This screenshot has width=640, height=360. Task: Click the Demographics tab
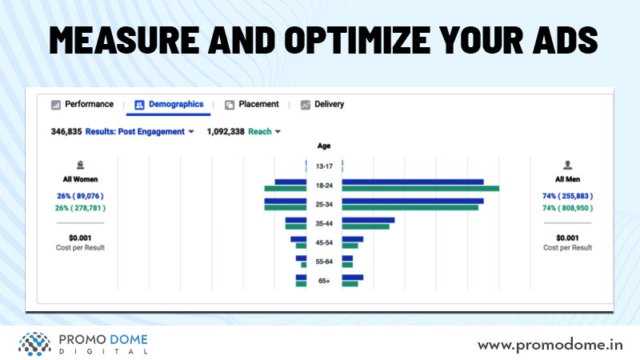[x=169, y=105]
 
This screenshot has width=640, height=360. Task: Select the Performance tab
[x=82, y=105]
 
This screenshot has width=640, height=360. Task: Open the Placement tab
[x=252, y=105]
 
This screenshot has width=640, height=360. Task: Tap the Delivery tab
[x=322, y=105]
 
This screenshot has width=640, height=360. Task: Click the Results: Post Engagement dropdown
[x=139, y=131]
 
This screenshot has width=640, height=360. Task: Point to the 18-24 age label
[x=324, y=186]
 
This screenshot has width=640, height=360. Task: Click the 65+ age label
[x=324, y=281]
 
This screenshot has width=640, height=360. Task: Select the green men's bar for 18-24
[x=421, y=189]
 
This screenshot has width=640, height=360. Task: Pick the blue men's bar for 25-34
[x=413, y=201]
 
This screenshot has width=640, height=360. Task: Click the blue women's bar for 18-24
[x=290, y=182]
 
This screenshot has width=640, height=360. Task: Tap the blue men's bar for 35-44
[x=368, y=220]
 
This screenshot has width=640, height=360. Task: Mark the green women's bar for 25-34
[x=286, y=208]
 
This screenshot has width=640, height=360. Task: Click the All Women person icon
[x=80, y=166]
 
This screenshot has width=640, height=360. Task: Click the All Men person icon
[x=567, y=166]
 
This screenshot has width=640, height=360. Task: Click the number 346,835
[x=66, y=131]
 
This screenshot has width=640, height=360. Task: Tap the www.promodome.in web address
[x=550, y=346]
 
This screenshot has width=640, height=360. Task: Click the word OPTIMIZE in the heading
[x=357, y=39]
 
